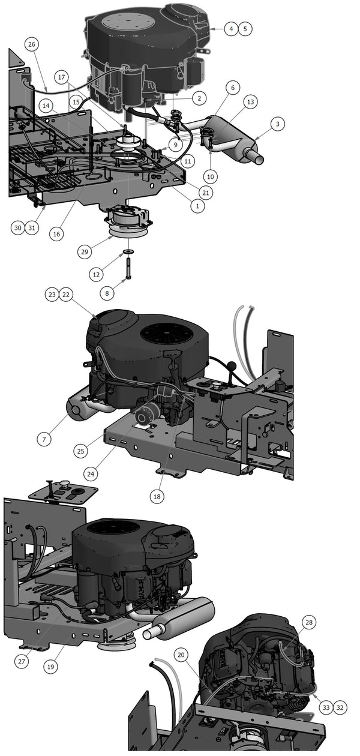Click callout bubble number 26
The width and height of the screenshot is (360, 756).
[x=32, y=44]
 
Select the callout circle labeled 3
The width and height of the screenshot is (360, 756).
[x=277, y=124]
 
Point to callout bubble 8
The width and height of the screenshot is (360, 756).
[x=107, y=293]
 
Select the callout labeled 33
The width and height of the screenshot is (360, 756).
[x=325, y=708]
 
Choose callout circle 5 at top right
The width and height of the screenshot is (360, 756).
[x=245, y=28]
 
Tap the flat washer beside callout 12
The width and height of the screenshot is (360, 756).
[x=129, y=251]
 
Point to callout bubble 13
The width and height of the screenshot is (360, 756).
[x=251, y=103]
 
